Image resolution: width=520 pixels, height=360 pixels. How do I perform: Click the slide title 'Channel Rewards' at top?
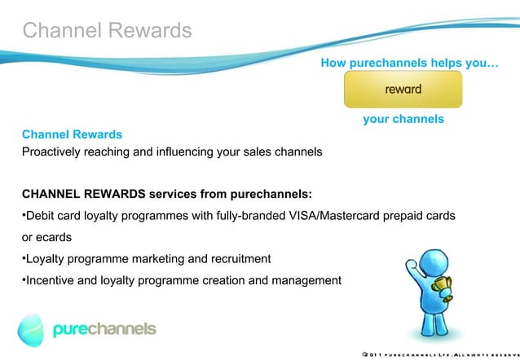pos(107,30)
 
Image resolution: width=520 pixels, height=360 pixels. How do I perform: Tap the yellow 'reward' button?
pos(403,89)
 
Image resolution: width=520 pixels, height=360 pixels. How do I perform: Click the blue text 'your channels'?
pos(403,119)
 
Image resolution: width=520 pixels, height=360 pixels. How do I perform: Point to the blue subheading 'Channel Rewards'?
pos(72,134)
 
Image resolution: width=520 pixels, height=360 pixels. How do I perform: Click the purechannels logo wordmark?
pos(104,329)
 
